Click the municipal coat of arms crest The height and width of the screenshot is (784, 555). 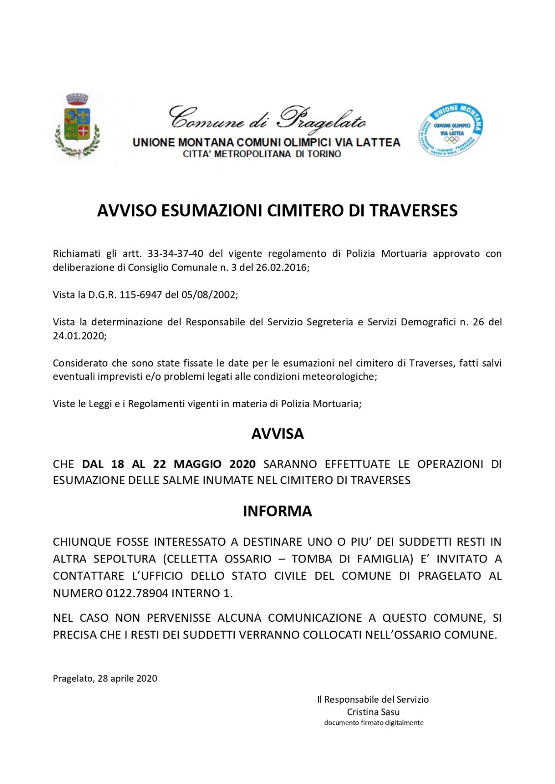77,126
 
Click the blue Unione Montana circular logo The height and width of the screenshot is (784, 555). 450,130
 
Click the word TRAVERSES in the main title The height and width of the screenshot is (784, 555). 413,210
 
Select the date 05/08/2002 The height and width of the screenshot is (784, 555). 212,295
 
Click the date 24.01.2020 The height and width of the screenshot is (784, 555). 78,336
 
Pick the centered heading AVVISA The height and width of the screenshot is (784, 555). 277,434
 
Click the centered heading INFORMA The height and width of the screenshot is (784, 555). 277,511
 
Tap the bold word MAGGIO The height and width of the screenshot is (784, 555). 194,464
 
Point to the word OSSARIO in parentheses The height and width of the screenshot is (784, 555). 248,559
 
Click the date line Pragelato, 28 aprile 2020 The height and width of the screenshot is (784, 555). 105,678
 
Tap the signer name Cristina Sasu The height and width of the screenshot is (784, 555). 373,712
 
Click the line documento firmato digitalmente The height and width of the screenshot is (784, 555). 374,723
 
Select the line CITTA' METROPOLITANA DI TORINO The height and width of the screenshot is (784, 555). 262,154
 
